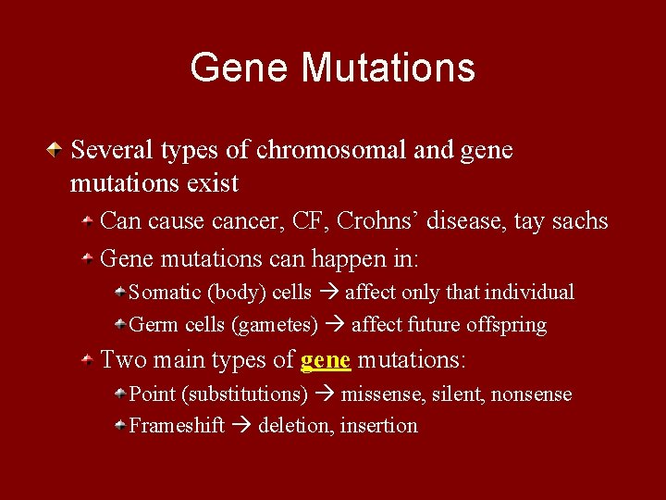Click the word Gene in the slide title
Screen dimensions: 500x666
pos(240,68)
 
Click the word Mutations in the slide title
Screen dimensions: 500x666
pos(388,68)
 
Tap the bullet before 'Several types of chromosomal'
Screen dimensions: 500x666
pos(57,148)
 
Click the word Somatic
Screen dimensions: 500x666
pos(165,293)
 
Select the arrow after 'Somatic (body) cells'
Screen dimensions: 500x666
pos(328,293)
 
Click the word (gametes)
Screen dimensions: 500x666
pos(274,325)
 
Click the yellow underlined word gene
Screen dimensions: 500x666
pos(326,359)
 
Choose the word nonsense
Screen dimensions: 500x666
pos(531,394)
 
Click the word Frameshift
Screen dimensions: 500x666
pos(177,426)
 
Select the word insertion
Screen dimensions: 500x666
pos(378,426)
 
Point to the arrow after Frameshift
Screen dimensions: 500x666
pos(241,426)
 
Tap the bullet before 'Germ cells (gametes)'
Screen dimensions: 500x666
pos(120,325)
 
